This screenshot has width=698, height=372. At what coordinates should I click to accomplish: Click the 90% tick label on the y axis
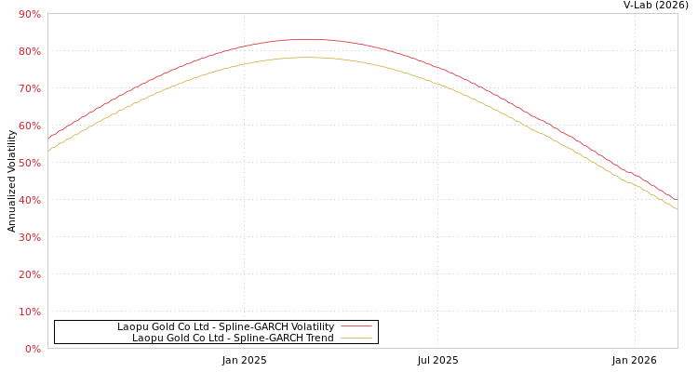click(x=29, y=14)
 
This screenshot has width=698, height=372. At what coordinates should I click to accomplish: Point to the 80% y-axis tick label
click(x=29, y=51)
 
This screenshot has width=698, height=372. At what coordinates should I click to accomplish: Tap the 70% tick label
click(x=29, y=88)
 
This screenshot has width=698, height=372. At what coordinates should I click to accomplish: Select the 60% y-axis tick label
click(x=29, y=126)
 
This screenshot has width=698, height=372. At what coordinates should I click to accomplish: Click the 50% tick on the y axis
click(x=29, y=163)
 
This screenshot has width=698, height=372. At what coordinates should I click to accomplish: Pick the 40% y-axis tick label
click(x=29, y=200)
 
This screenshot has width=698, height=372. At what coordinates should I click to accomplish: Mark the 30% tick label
click(x=29, y=237)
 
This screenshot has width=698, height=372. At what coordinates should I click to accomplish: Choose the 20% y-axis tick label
click(x=29, y=274)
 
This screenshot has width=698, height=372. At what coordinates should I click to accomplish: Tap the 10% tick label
click(x=29, y=312)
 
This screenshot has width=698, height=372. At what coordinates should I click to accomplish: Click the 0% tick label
click(x=33, y=349)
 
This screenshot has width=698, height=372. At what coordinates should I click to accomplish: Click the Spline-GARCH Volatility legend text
click(x=225, y=326)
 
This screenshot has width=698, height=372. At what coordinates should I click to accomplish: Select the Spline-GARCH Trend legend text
click(x=233, y=338)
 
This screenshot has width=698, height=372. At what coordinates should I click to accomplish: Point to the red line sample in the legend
click(x=356, y=326)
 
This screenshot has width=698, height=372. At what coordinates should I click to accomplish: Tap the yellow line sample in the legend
click(x=356, y=338)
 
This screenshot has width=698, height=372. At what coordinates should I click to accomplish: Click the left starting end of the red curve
click(x=48, y=139)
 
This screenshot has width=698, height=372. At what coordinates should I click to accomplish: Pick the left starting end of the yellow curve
click(x=48, y=150)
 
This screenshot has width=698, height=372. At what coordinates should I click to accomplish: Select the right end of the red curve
click(x=677, y=200)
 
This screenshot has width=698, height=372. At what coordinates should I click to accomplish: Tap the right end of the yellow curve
click(x=677, y=208)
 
